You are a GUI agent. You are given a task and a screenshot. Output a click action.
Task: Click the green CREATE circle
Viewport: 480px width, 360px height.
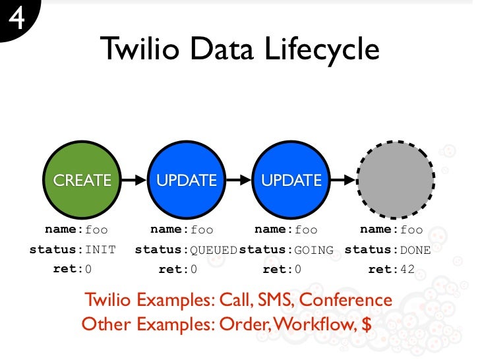pyautogui.click(x=82, y=179)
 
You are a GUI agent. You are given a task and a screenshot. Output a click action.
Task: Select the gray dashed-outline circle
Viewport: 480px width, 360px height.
pyautogui.click(x=396, y=179)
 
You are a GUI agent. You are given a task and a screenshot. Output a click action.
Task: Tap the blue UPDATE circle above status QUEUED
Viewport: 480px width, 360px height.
pyautogui.click(x=187, y=179)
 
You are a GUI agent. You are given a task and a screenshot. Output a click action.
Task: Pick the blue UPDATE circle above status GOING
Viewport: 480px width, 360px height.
pyautogui.click(x=291, y=179)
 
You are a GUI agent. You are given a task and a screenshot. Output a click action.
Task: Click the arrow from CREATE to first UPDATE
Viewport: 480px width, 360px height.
pyautogui.click(x=135, y=179)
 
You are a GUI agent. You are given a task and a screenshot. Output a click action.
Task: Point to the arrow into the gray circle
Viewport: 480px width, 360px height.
pyautogui.click(x=343, y=179)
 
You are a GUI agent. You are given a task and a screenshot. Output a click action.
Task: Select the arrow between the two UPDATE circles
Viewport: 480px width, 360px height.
pyautogui.click(x=239, y=179)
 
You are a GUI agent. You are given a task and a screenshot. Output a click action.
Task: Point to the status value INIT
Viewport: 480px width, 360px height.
pyautogui.click(x=100, y=250)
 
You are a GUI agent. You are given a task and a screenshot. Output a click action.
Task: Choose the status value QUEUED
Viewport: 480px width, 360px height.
pyautogui.click(x=214, y=250)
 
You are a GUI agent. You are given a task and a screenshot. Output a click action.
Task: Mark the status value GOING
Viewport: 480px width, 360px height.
pyautogui.click(x=314, y=250)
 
